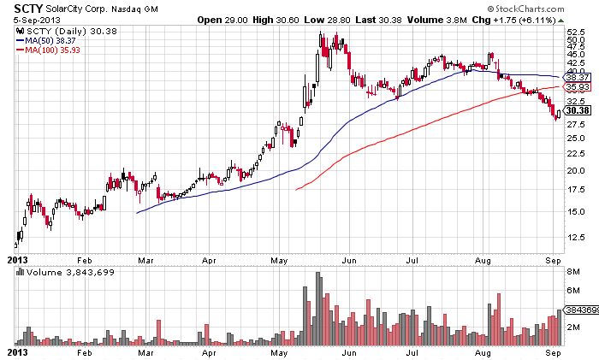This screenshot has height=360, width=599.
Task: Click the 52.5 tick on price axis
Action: pos(574,32)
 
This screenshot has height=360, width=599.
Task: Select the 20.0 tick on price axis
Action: pos(574,170)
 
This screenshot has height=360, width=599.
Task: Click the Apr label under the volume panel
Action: pos(209,351)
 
